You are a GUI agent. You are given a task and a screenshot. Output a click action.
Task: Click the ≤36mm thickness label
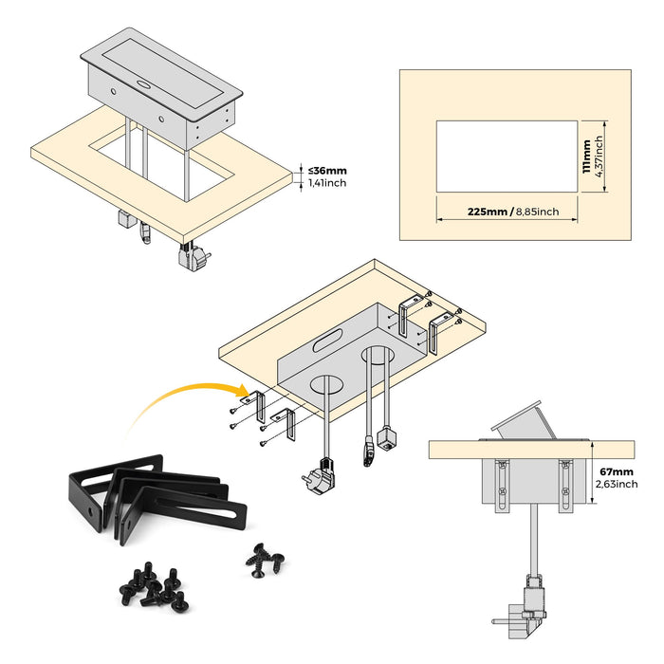point(328,172)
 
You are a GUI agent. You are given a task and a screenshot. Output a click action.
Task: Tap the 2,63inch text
point(618,484)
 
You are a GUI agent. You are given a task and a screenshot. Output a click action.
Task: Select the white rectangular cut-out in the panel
point(507,157)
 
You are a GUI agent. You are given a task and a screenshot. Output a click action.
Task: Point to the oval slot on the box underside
point(327,337)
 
